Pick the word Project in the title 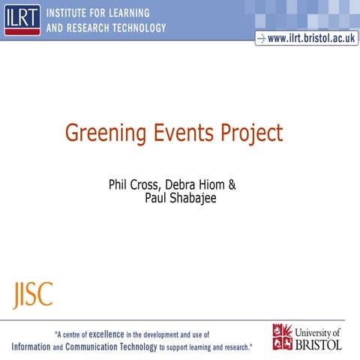[251, 134]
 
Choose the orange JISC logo [32, 294]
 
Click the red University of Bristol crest [283, 337]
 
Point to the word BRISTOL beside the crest [318, 344]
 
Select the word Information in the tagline [35, 347]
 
